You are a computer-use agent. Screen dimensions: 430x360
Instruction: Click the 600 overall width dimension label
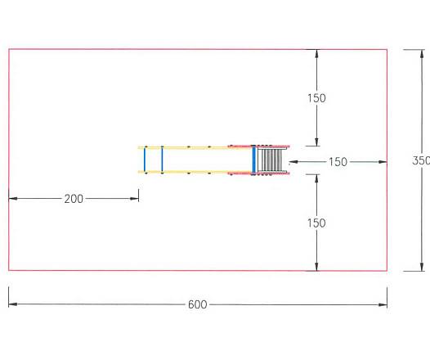pos(198,304)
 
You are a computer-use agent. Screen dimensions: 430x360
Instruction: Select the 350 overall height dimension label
pos(421,160)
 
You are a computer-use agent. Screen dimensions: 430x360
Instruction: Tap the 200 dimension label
pos(74,199)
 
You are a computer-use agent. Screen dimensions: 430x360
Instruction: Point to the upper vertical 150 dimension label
pos(316,98)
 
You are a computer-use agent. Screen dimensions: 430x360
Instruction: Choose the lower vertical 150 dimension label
pos(316,223)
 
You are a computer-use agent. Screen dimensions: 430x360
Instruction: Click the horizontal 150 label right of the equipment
pos(338,162)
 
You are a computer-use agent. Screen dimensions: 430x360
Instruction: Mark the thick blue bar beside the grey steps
pos(254,160)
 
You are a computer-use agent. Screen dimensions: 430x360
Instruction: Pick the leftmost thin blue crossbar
pos(145,160)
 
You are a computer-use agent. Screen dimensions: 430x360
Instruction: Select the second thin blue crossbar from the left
pos(162,160)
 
